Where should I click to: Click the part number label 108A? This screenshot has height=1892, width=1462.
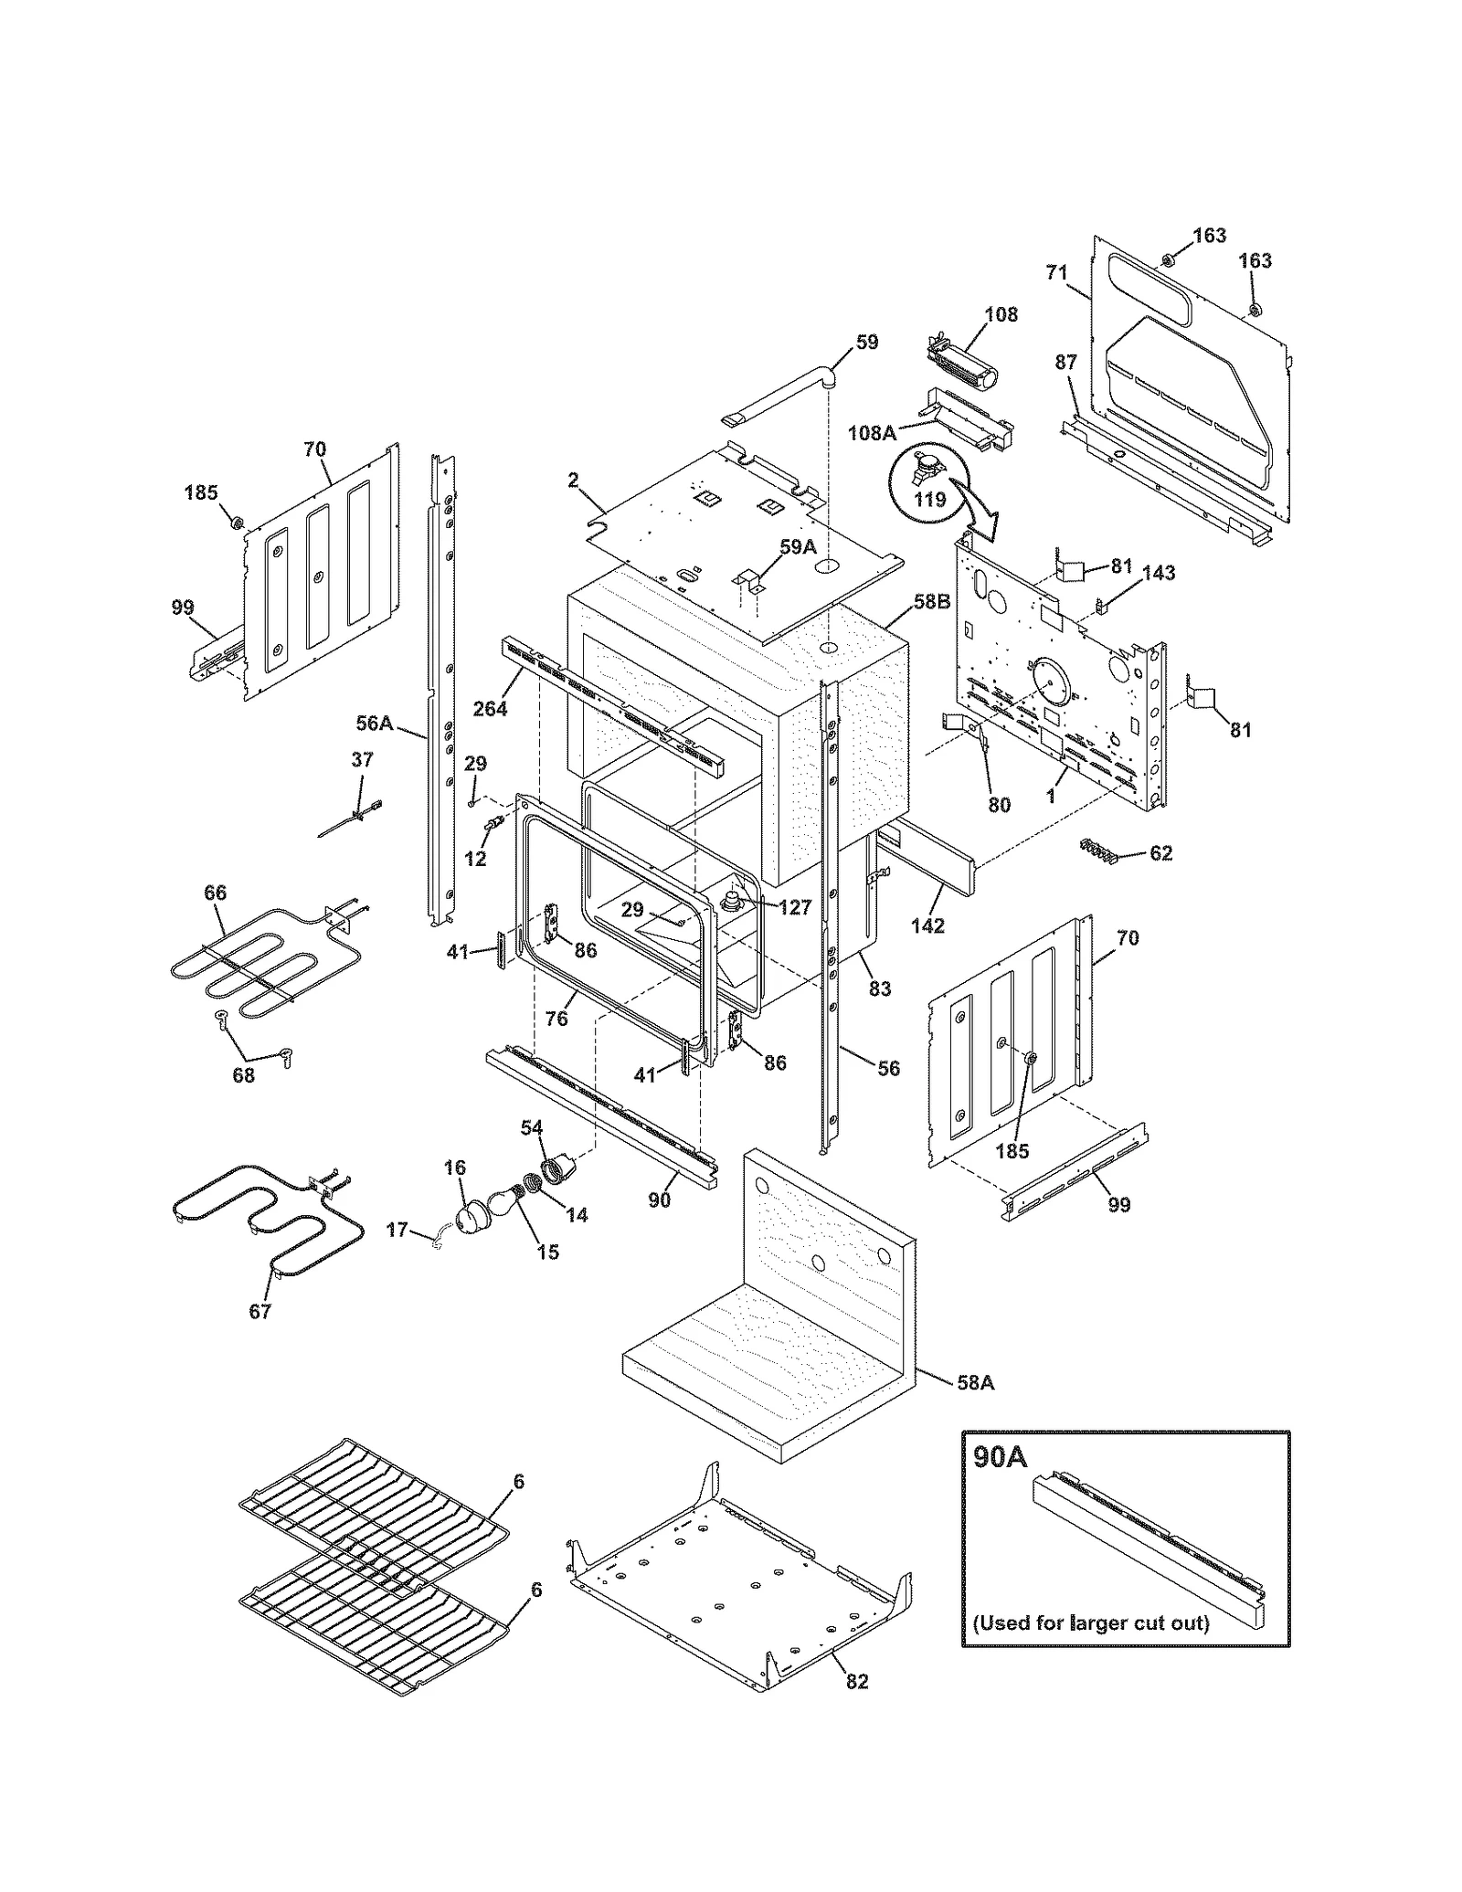[x=871, y=433]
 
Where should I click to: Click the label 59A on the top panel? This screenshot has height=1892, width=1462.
[x=797, y=547]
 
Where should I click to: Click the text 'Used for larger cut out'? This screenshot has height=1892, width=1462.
[x=1090, y=1622]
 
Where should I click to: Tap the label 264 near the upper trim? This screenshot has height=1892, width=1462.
[x=490, y=708]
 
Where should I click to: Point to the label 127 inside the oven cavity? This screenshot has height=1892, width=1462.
[x=795, y=908]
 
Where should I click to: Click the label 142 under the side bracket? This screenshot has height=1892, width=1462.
[x=927, y=925]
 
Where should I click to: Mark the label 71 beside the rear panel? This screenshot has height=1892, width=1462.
[x=1056, y=272]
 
